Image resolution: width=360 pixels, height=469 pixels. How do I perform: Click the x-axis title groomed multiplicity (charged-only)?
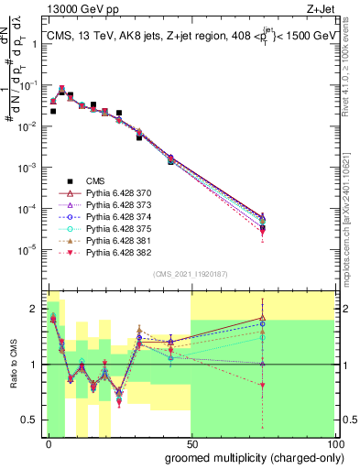249,456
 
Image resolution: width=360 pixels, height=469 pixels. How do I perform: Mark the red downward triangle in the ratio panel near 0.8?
263,386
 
